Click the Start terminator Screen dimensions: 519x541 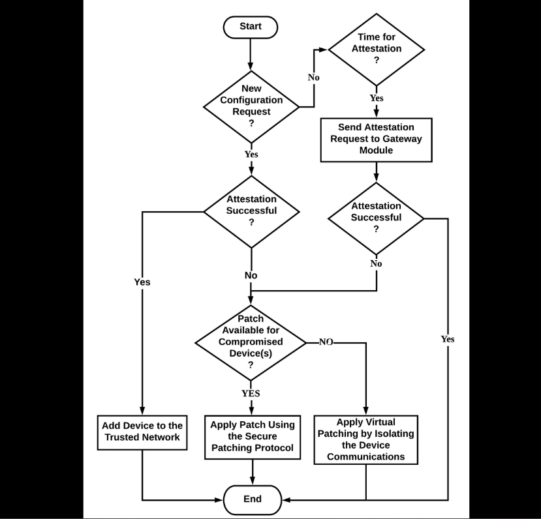click(251, 27)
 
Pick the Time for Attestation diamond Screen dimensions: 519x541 click(376, 49)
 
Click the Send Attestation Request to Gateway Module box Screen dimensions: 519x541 click(376, 138)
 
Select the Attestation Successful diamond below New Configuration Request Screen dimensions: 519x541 click(251, 211)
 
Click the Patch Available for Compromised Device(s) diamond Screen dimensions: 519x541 click(251, 342)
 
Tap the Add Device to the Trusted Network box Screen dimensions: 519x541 click(142, 432)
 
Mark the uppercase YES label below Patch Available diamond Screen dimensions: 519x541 click(251, 393)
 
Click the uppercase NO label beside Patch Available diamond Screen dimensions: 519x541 click(326, 342)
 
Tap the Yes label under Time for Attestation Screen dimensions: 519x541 click(377, 98)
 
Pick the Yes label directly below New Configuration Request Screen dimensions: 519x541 click(251, 155)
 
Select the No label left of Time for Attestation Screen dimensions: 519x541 click(313, 78)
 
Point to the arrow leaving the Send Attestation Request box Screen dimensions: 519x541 click(377, 171)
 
